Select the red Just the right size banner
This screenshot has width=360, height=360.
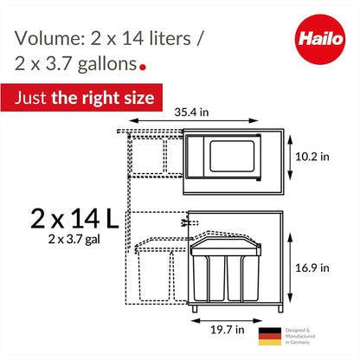click(82, 98)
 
